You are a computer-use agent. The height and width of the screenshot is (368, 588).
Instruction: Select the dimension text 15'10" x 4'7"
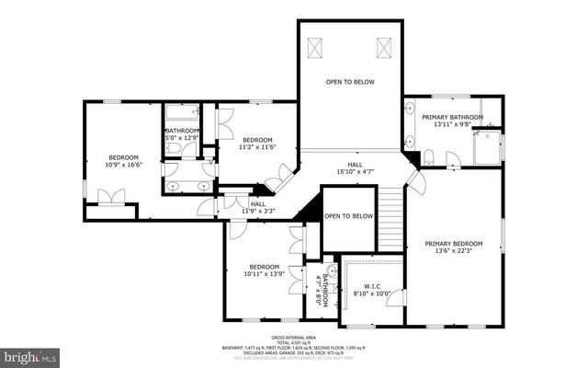[355, 170]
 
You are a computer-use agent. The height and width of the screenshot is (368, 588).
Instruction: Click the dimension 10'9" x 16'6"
[123, 165]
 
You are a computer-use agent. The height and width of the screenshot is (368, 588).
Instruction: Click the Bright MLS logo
[29, 355]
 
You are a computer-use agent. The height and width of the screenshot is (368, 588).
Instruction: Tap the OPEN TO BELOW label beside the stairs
[349, 216]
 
